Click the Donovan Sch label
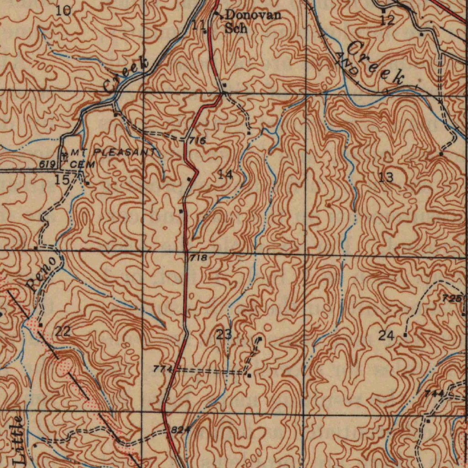coord(253,21)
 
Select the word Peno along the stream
coord(43,274)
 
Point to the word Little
coord(19,441)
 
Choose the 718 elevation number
coord(198,258)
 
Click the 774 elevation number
coord(163,368)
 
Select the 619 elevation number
coord(48,164)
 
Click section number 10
coord(63,10)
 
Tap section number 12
coord(387,20)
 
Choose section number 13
coord(386,177)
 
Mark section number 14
coord(225,174)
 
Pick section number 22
coord(63,332)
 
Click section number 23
coord(224,335)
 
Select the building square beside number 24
coord(405,335)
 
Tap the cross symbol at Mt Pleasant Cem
coord(64,154)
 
